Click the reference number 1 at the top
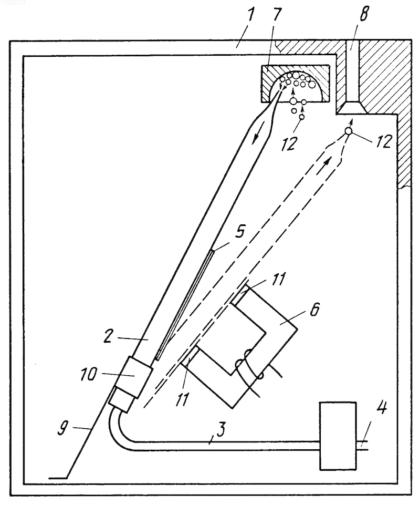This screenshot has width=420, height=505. coord(249,18)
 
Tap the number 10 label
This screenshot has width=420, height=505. coord(88,374)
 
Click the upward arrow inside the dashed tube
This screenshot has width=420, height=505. coord(327,161)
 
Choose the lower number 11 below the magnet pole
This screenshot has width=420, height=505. coord(182,398)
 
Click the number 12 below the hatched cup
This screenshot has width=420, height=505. coord(289,143)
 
